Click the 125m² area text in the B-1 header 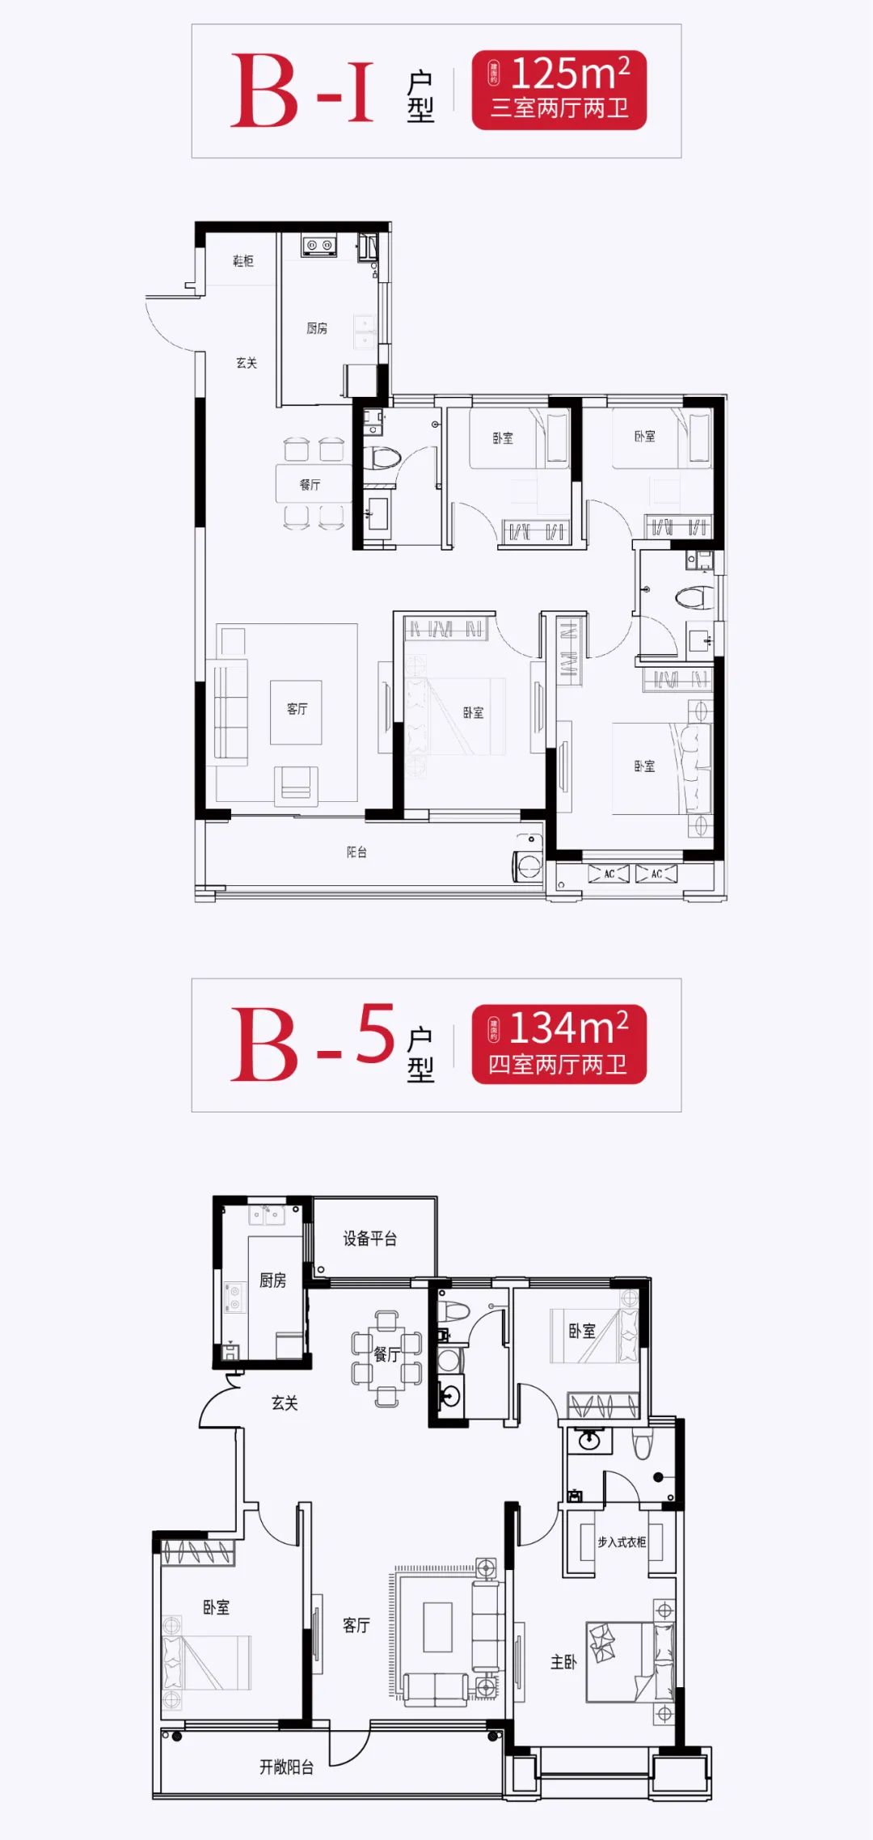tap(570, 74)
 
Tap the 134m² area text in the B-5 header tap(568, 1029)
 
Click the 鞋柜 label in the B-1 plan tap(242, 260)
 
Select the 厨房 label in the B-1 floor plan tap(317, 328)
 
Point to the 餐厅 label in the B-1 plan tap(310, 484)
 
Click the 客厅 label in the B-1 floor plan tap(297, 708)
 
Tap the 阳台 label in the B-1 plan tap(356, 852)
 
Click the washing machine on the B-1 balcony tap(528, 866)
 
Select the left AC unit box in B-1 tap(609, 874)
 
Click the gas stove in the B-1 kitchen tap(319, 244)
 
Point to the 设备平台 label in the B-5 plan tap(369, 1239)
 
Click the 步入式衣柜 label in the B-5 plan tap(621, 1542)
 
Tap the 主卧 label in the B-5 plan tap(563, 1662)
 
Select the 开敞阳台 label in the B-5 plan tap(286, 1767)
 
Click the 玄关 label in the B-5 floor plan tap(285, 1403)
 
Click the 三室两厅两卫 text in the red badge tap(559, 108)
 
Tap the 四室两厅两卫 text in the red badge tap(558, 1064)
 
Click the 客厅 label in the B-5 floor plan tap(356, 1625)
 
